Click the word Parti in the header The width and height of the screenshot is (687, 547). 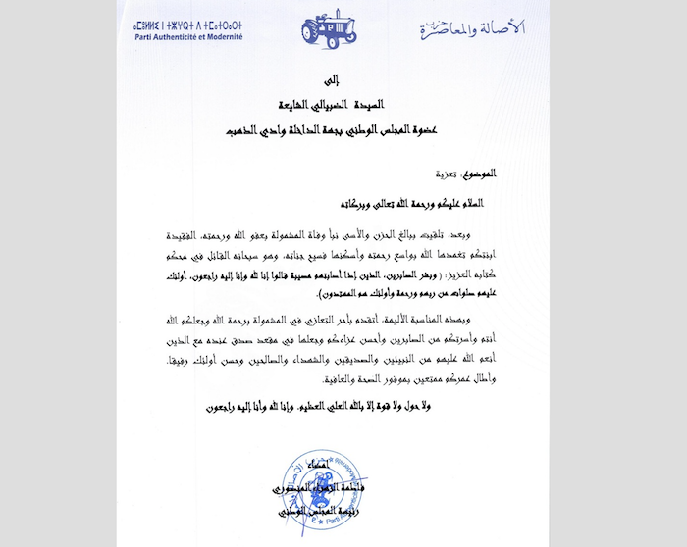[144, 36]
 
